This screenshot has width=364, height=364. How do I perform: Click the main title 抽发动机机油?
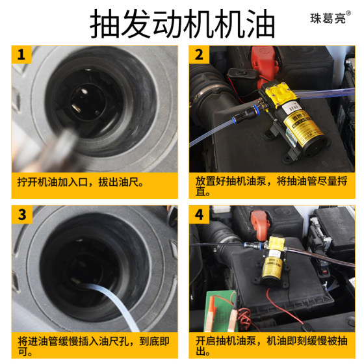[182, 24]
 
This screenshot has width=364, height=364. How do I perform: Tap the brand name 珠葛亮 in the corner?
[328, 18]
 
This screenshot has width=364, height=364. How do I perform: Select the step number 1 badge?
[21, 55]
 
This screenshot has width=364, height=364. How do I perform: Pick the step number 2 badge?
[199, 55]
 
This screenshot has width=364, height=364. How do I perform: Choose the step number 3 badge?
[22, 214]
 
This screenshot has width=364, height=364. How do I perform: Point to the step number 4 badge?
[199, 214]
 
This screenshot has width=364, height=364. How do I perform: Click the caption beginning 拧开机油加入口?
[81, 182]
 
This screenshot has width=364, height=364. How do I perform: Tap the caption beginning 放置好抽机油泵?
[271, 186]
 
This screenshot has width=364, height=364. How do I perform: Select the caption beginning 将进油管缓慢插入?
[94, 346]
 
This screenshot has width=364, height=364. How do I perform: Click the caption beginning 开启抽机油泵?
[271, 346]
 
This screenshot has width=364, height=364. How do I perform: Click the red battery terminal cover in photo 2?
[265, 61]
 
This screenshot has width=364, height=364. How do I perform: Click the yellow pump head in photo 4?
[276, 243]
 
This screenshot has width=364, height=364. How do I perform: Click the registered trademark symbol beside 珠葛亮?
[348, 13]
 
